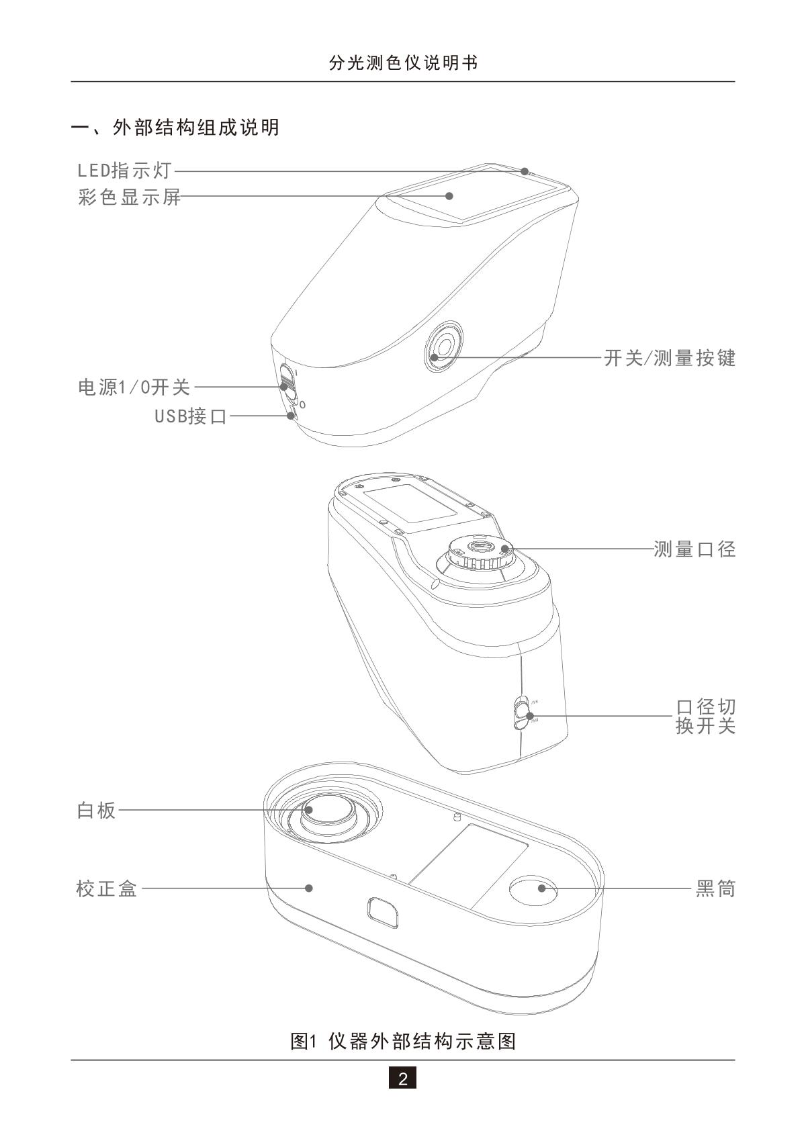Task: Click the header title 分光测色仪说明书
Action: (403, 63)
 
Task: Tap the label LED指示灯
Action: (125, 171)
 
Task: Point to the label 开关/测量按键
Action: (670, 358)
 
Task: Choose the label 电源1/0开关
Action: (134, 387)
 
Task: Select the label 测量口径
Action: (695, 549)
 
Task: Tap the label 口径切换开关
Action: (705, 716)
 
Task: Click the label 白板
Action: (97, 811)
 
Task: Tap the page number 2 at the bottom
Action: (402, 1079)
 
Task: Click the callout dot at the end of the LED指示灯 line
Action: (525, 171)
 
